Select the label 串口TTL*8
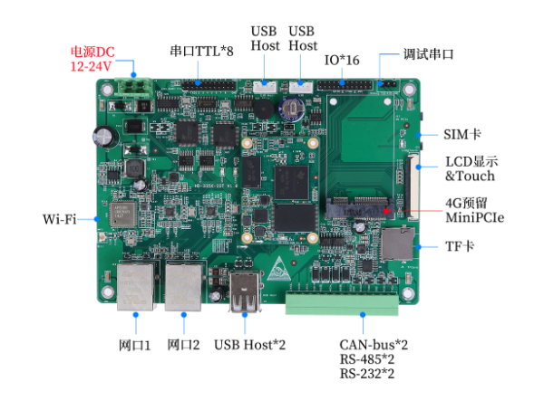(x=201, y=51)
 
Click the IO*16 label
(x=342, y=60)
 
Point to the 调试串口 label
(x=429, y=54)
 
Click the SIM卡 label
(x=462, y=135)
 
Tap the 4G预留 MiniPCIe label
(x=474, y=210)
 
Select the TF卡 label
(x=461, y=246)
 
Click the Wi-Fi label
(x=59, y=220)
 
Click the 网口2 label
(x=184, y=344)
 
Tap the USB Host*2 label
(x=250, y=344)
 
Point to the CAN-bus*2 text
(x=374, y=345)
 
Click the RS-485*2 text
(x=367, y=359)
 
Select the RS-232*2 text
(x=367, y=374)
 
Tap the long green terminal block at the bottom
(x=343, y=303)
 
